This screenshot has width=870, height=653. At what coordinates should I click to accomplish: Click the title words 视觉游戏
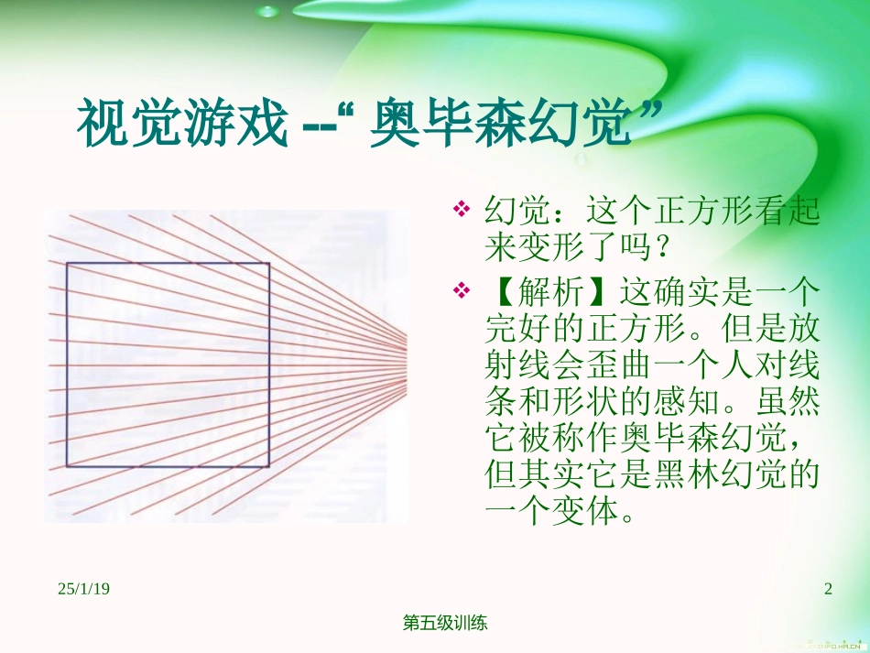(182, 125)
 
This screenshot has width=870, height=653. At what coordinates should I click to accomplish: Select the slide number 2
(828, 589)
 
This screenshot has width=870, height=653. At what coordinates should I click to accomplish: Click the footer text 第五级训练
(445, 623)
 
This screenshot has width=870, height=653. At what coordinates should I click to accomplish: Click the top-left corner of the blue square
(67, 265)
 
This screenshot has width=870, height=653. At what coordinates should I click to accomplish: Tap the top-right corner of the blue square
(269, 265)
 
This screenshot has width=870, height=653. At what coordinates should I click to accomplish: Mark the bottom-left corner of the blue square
(67, 467)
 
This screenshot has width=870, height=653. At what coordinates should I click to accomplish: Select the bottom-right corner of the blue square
(269, 467)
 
